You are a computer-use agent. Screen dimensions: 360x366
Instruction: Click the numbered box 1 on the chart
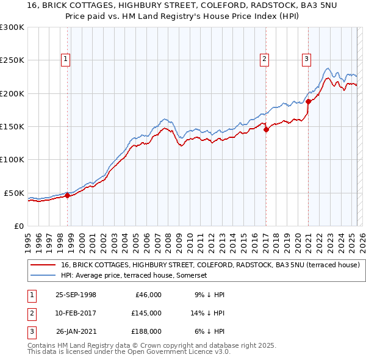click(65, 59)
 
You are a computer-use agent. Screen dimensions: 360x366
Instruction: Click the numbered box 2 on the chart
click(264, 59)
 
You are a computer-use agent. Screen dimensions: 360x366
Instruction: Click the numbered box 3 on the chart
click(306, 59)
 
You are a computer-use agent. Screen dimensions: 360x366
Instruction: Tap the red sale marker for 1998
click(68, 195)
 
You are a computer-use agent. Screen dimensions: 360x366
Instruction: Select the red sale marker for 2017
click(266, 129)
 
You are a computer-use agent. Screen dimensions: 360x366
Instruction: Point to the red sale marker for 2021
click(309, 101)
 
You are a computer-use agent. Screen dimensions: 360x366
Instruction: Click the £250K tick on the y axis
click(12, 60)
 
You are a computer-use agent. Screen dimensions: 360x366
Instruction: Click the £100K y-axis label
click(12, 159)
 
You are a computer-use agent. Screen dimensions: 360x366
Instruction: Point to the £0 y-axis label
click(18, 226)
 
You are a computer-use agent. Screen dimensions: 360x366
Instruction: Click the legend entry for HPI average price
click(134, 276)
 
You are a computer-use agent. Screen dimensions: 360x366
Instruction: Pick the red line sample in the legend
click(43, 265)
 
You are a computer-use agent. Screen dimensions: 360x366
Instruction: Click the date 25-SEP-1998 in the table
click(76, 295)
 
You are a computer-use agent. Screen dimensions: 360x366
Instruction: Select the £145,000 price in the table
click(146, 313)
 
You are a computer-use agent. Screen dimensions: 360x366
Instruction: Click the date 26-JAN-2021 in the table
click(76, 332)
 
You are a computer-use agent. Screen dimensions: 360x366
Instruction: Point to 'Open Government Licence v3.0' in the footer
click(181, 352)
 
